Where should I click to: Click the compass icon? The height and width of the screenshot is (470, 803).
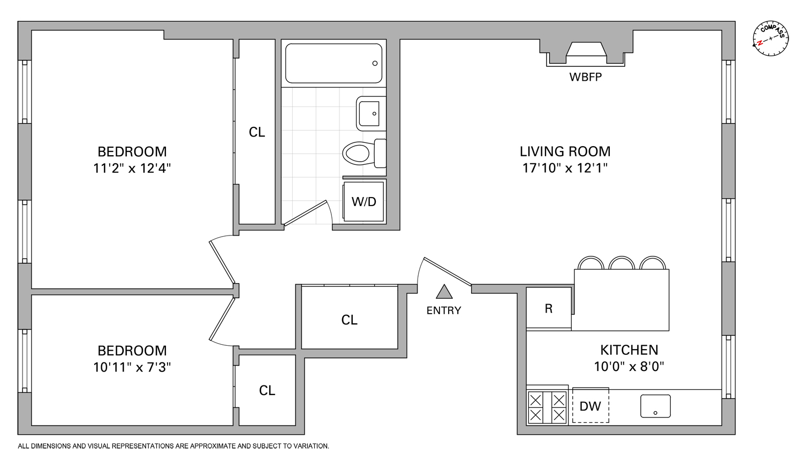coord(770,39)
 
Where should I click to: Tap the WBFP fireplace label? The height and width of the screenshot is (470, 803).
coord(585,77)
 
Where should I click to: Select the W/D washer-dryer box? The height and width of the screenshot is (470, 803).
coord(364,202)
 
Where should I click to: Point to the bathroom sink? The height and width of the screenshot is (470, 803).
coord(370,113)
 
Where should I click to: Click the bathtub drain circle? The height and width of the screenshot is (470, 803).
coord(375,63)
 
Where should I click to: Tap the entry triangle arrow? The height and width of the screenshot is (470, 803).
coord(444,292)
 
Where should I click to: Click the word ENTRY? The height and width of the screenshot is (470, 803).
coord(444,310)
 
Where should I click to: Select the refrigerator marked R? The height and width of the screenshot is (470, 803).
coord(549,308)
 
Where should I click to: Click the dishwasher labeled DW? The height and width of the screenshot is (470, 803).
coord(590,406)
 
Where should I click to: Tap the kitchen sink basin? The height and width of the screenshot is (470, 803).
coord(655,406)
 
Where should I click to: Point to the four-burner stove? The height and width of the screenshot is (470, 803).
coord(547,407)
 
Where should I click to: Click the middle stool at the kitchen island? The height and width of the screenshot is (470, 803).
coord(622,263)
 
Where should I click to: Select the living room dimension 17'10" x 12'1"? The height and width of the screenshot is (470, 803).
coord(565,168)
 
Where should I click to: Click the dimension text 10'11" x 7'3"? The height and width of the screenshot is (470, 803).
coord(132,367)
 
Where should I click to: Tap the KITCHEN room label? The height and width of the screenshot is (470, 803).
coord(629,350)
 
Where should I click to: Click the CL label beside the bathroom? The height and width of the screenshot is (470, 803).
coord(257,132)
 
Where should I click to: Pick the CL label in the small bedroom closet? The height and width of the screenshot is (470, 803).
coord(267,391)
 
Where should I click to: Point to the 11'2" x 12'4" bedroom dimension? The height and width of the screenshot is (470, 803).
coord(132,168)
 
